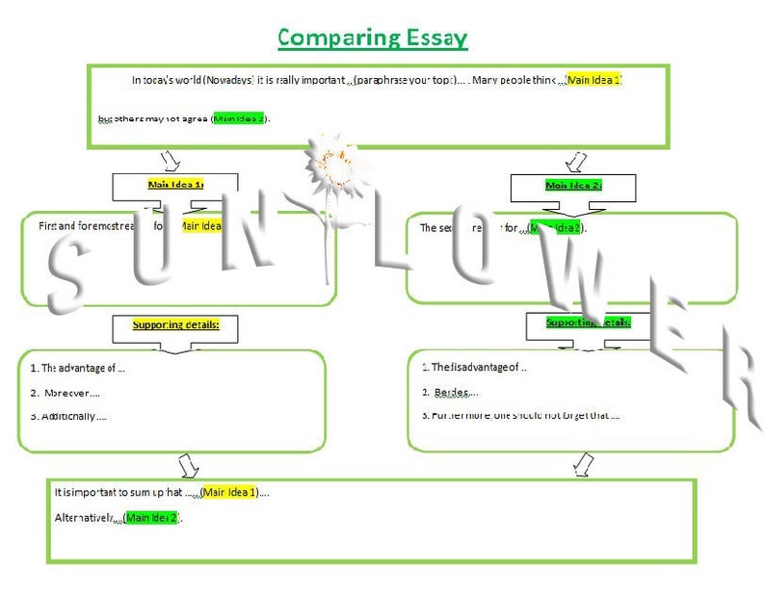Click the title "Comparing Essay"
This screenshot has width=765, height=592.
coord(372,38)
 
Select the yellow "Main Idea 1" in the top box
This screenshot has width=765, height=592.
coord(594,79)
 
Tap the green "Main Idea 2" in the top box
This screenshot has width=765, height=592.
coord(238,118)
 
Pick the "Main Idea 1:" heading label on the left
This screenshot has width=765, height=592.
coord(174,184)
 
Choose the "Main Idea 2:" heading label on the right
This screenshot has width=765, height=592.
coord(573,185)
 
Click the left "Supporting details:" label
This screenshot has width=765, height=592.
coord(175,325)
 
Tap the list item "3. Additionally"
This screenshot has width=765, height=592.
coord(68,416)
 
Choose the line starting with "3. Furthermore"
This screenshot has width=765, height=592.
coord(520,416)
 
